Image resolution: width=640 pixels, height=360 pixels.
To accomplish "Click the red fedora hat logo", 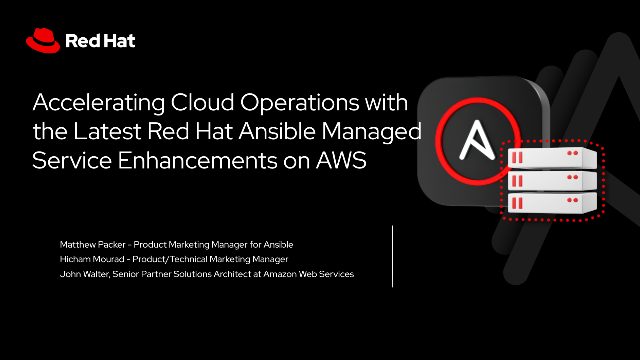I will [41, 40].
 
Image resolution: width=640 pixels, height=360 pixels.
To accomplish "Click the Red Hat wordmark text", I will [99, 42].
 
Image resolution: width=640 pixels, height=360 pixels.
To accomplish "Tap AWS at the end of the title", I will [332, 161].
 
